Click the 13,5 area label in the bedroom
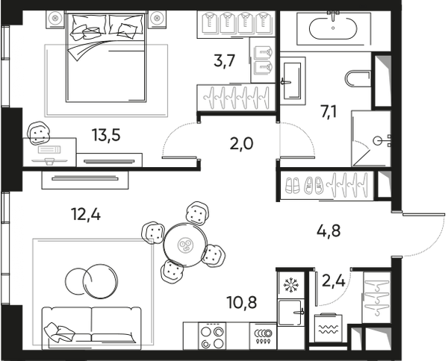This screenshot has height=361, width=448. [106, 135]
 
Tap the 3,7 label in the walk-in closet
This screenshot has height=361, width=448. [224, 60]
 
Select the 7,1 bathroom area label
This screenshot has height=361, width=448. [329, 111]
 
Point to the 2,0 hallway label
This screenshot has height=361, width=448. [241, 143]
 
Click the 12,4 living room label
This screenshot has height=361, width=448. [86, 214]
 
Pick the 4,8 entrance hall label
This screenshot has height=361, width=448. [329, 230]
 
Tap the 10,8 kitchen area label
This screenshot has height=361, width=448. [242, 303]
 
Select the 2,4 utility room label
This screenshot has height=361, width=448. [334, 280]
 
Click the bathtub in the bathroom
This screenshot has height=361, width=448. [333, 28]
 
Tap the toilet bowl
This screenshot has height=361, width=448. [358, 79]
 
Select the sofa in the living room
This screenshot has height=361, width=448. [91, 328]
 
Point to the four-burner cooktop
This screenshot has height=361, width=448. [212, 336]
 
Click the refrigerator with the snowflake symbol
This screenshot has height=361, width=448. [290, 284]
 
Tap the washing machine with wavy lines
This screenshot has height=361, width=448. [329, 328]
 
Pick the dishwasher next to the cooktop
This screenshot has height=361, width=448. [263, 336]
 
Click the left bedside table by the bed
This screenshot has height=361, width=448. [55, 19]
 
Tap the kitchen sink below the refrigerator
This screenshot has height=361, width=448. [291, 312]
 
